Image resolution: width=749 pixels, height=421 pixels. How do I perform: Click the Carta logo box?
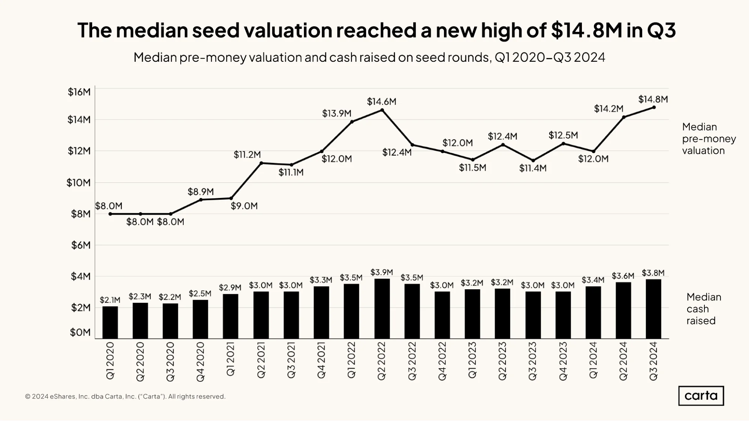[x=701, y=396]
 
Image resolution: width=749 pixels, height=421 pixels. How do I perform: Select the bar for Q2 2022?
[x=382, y=309]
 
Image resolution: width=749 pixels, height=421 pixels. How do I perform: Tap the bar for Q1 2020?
[x=110, y=323]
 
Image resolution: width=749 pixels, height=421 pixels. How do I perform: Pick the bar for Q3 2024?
[x=653, y=309]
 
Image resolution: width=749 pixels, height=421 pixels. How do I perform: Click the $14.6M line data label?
[x=381, y=101]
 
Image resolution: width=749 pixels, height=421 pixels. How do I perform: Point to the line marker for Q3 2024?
[x=654, y=107]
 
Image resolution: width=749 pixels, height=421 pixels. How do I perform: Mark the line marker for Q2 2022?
[x=382, y=110]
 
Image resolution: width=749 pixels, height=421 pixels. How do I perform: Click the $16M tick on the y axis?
[x=79, y=92]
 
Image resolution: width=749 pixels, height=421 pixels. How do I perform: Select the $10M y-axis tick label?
[x=79, y=183]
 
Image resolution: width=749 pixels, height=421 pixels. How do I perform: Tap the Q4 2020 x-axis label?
[x=200, y=361]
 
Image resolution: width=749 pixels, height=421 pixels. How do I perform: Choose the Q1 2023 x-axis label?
[x=472, y=360]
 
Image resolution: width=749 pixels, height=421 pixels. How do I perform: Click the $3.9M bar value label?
[x=381, y=272]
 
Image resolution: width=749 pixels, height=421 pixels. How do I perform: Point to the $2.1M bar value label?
[x=110, y=300]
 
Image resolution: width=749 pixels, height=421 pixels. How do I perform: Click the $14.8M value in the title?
[x=587, y=30]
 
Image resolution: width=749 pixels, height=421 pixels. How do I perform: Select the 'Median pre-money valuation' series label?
[x=709, y=138]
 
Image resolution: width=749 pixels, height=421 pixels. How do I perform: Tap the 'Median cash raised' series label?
[x=704, y=309]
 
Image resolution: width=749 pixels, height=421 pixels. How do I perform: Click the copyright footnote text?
[x=125, y=396]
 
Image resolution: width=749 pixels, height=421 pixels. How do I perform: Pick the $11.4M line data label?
[x=533, y=168]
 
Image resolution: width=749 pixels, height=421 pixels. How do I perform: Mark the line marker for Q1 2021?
[x=231, y=198]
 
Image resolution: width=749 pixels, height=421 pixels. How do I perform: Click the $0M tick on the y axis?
[x=80, y=332]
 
